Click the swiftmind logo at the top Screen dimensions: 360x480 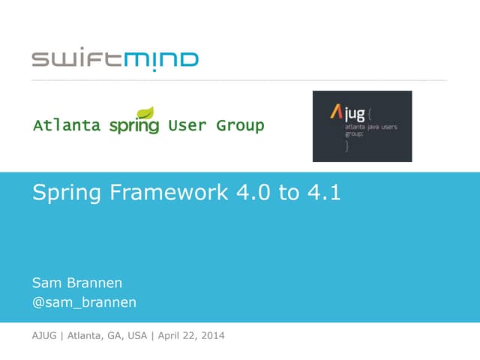pos(115,58)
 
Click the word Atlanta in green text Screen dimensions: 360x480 pos(67,125)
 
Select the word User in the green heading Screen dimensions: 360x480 pos(187,125)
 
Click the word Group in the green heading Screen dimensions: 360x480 pos(240,125)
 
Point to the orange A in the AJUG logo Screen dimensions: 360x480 pos(337,113)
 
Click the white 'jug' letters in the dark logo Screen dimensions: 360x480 pos(356,115)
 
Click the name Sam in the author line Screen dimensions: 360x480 pos(46,283)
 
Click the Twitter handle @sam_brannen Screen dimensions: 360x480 pos(84,302)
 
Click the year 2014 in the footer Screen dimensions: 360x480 pos(210,335)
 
